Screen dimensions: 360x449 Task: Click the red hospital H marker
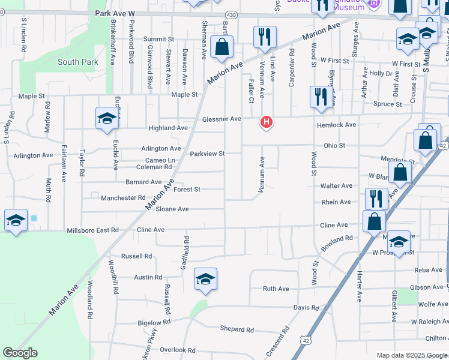(x=266, y=123)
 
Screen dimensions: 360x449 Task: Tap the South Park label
(x=77, y=62)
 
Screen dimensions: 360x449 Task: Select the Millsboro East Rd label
(x=92, y=230)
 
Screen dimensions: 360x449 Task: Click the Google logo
(x=20, y=353)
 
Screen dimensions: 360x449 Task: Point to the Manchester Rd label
(x=123, y=197)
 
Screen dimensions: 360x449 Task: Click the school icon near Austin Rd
(x=205, y=279)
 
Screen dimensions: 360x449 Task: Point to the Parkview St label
(x=207, y=154)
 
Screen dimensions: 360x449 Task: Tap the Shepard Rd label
(x=237, y=329)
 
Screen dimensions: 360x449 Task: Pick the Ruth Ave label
(x=276, y=289)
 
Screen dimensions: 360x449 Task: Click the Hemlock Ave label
(x=337, y=125)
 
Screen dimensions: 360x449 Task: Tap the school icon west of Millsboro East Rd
(x=16, y=220)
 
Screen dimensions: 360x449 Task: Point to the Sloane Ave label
(x=172, y=209)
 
